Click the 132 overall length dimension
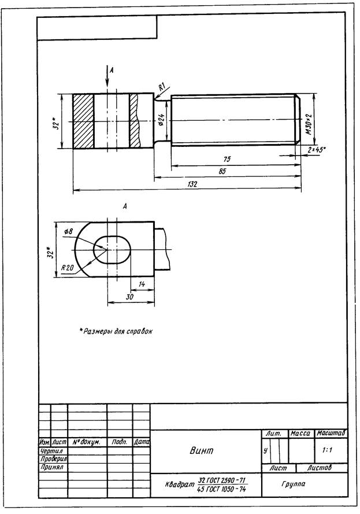pyautogui.click(x=192, y=184)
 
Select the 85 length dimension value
pyautogui.click(x=222, y=171)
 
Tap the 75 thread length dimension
pyautogui.click(x=227, y=160)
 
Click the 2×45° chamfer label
pyautogui.click(x=317, y=150)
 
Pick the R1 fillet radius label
pyautogui.click(x=162, y=87)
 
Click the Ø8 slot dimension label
pyautogui.click(x=68, y=232)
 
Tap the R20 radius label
pyautogui.click(x=68, y=268)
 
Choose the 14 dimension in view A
pyautogui.click(x=142, y=284)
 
